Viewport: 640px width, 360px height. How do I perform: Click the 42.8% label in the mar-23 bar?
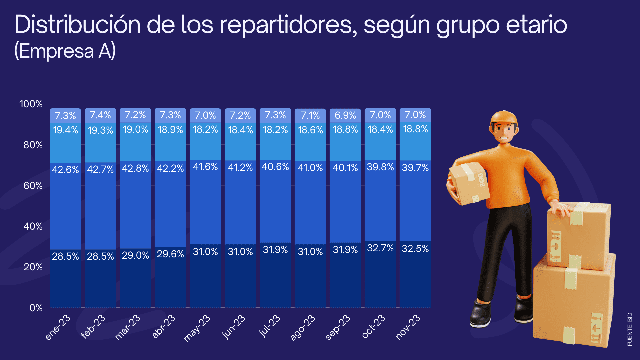click(x=135, y=168)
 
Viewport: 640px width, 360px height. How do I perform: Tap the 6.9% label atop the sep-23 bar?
click(x=345, y=115)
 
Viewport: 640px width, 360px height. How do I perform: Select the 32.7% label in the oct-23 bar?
click(x=380, y=248)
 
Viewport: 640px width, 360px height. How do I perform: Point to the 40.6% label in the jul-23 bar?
click(x=275, y=167)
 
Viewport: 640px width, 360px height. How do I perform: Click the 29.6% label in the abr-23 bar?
click(x=170, y=254)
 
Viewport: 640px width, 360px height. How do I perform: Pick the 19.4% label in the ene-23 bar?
click(x=65, y=130)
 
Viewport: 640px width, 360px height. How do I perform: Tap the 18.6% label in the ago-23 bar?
click(x=310, y=130)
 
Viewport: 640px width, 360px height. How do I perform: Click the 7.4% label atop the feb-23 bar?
click(x=100, y=115)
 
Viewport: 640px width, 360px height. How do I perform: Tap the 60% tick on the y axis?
click(x=33, y=186)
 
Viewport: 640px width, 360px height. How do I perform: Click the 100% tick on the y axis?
click(x=31, y=104)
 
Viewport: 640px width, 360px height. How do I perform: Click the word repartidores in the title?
click(x=288, y=25)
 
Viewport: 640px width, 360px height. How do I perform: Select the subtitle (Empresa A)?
click(x=65, y=51)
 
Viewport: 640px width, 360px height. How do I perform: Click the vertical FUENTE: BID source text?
click(x=630, y=329)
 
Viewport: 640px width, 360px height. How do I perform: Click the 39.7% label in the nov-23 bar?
click(x=415, y=167)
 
